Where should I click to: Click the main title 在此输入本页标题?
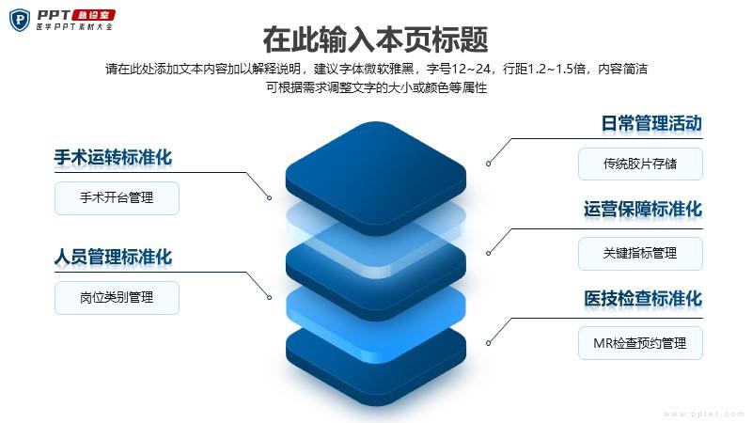click(x=375, y=39)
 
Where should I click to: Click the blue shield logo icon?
click(x=20, y=20)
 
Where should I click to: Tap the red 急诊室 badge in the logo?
click(x=93, y=15)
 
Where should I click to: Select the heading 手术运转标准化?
click(x=113, y=157)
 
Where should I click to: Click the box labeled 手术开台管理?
click(x=117, y=197)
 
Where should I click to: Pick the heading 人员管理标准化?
click(x=113, y=257)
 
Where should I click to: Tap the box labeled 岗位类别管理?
click(x=117, y=298)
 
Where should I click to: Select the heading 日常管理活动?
click(x=651, y=123)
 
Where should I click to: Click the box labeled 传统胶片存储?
click(x=640, y=164)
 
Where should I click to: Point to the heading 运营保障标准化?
click(x=643, y=209)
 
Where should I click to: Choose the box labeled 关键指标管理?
click(x=640, y=254)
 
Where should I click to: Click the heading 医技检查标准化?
click(x=643, y=298)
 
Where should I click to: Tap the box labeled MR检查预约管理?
click(x=640, y=343)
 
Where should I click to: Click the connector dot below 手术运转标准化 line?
click(x=270, y=197)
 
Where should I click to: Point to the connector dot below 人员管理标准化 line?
click(x=270, y=297)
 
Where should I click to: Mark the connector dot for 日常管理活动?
click(x=488, y=164)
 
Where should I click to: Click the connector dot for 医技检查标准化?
click(x=488, y=343)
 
